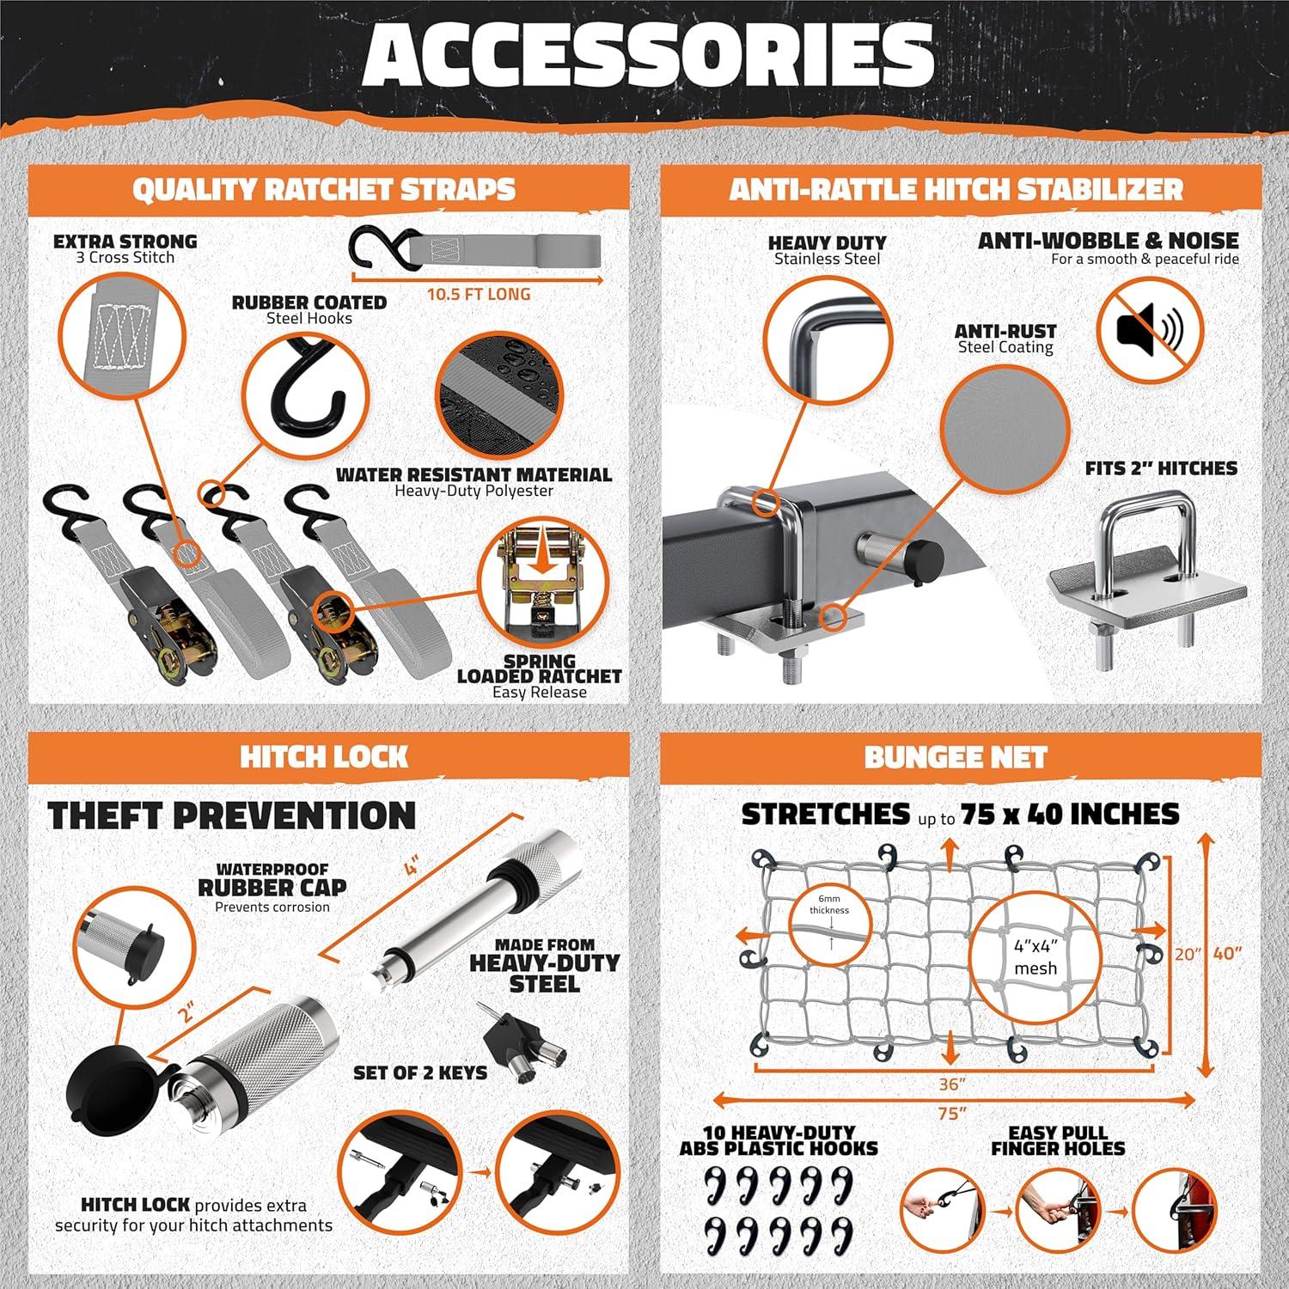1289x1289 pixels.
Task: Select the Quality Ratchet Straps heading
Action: (324, 190)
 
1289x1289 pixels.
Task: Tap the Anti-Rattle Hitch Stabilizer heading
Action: (956, 190)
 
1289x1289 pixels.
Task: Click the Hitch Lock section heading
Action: (324, 757)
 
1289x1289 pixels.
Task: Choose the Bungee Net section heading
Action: (956, 757)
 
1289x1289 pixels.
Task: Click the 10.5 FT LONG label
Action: (479, 294)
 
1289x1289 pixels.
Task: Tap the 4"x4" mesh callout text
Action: (1035, 957)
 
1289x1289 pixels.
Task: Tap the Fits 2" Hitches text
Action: (1161, 468)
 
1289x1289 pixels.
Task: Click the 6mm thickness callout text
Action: (829, 904)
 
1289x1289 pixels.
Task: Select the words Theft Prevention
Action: (232, 816)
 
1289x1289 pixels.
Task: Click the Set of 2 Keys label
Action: (420, 1073)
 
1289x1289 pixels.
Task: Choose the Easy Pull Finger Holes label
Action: (1058, 1140)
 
